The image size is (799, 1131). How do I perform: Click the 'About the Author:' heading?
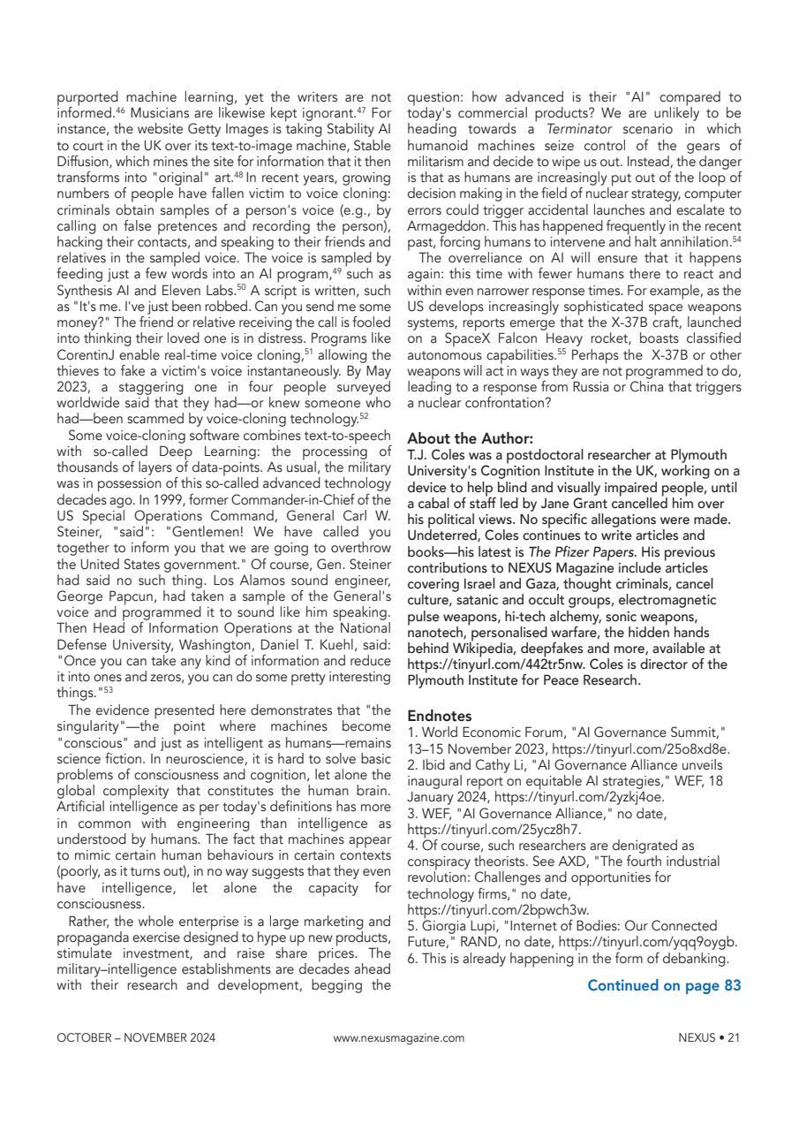457,437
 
